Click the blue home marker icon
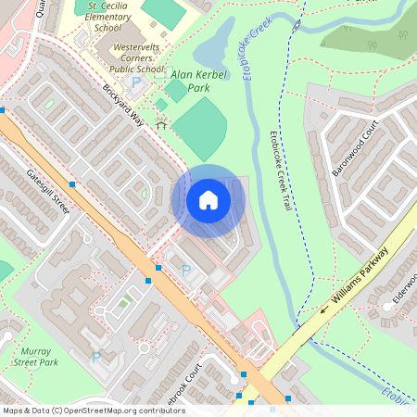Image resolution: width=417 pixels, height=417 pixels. tap(208, 200)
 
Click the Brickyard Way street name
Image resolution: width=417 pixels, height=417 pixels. tap(125, 107)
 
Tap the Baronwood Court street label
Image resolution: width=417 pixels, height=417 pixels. tap(356, 152)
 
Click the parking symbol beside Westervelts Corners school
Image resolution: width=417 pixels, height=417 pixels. tap(137, 82)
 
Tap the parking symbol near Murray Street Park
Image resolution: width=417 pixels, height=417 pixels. tap(95, 357)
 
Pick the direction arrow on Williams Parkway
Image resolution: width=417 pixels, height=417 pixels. tap(324, 310)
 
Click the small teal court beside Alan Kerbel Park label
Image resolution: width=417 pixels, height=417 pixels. tap(174, 90)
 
